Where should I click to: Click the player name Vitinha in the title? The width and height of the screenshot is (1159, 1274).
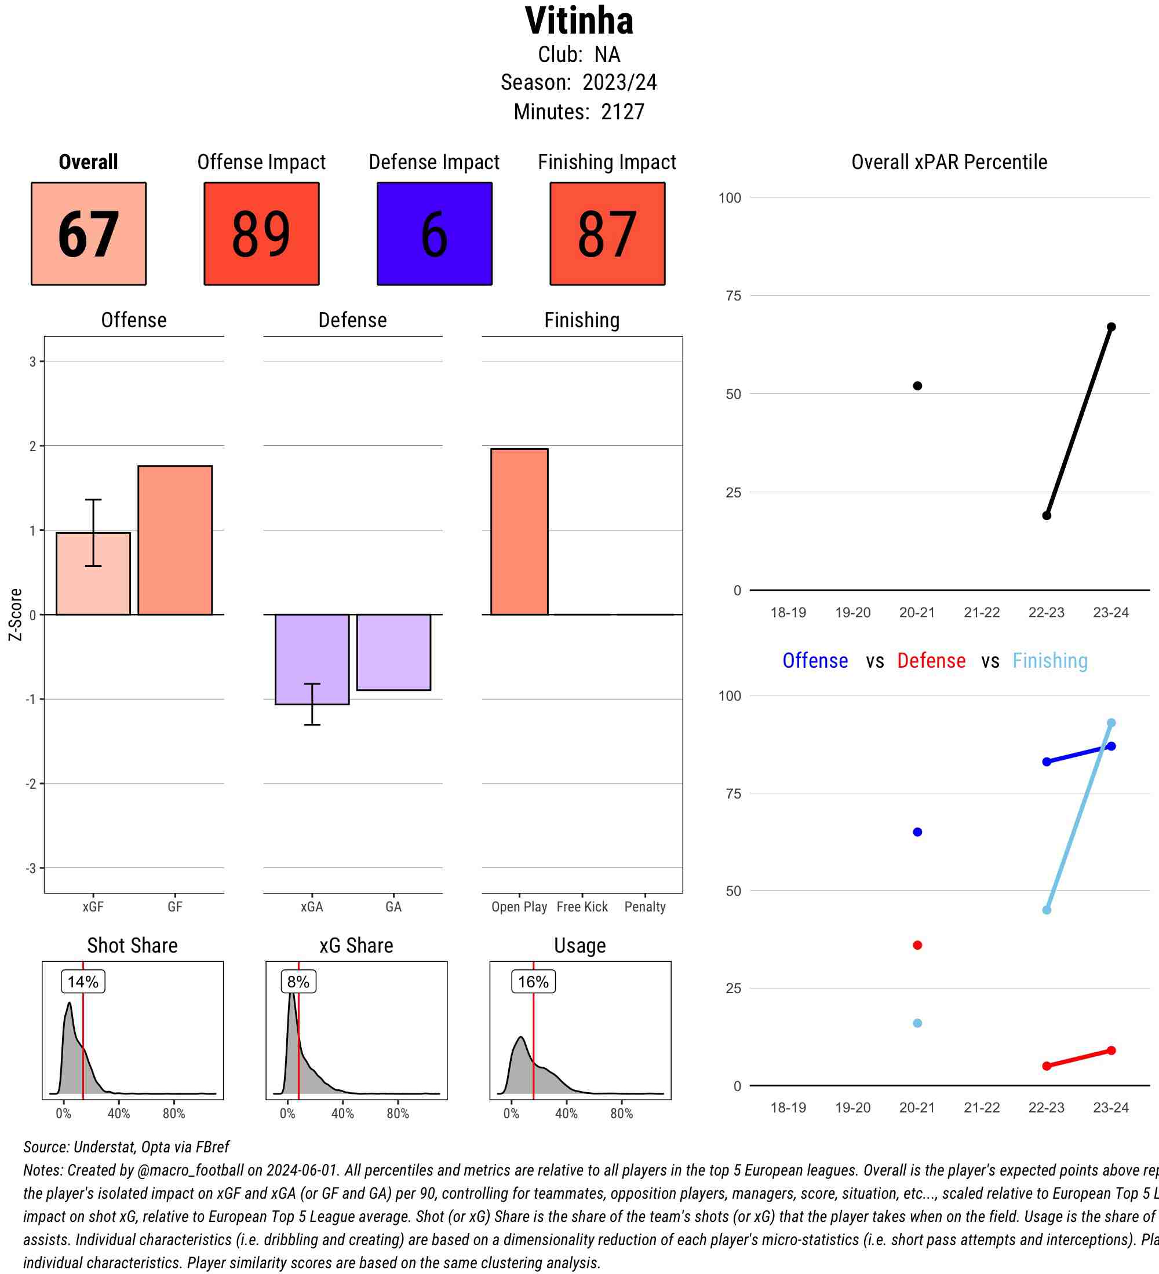tap(578, 21)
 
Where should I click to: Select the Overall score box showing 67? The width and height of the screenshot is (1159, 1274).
tap(89, 234)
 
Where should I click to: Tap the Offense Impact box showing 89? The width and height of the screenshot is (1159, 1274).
tap(261, 234)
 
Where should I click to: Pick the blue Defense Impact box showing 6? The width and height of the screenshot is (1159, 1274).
tap(435, 234)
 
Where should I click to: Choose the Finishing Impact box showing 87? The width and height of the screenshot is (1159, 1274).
tap(607, 234)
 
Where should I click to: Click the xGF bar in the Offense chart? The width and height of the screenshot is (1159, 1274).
tap(93, 573)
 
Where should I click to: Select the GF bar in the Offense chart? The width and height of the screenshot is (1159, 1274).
tap(175, 540)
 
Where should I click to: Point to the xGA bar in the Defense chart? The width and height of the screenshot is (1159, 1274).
tap(312, 658)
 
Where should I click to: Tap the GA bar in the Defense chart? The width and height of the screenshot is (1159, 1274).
tap(393, 651)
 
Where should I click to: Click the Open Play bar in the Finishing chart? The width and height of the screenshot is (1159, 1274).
tap(519, 531)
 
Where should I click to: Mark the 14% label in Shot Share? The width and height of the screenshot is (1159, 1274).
tap(83, 982)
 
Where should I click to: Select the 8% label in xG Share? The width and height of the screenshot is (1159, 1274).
tap(298, 982)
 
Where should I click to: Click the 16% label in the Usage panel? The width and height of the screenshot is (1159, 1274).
tap(533, 982)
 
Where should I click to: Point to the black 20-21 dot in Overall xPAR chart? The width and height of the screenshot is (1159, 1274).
tap(917, 386)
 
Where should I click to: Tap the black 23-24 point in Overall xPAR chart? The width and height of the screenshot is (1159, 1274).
tap(1111, 327)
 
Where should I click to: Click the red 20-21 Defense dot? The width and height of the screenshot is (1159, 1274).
tap(917, 944)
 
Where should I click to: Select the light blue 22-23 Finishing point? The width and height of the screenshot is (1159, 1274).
tap(1047, 909)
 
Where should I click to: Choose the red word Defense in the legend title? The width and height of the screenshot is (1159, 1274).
tap(931, 660)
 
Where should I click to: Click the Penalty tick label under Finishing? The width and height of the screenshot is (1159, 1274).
tap(645, 906)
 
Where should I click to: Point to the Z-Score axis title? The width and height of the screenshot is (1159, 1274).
tap(16, 614)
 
